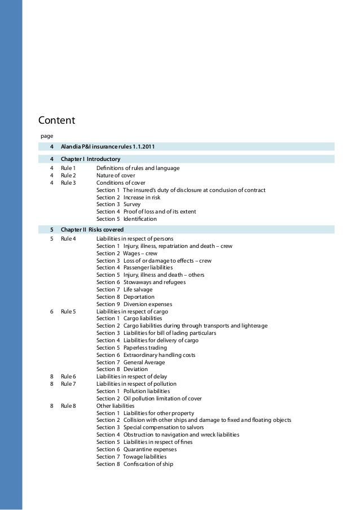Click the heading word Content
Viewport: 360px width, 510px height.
56,120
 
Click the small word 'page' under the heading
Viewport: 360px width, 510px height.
46,136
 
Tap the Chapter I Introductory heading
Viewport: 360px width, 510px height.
90,159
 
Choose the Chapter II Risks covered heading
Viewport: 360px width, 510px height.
93,229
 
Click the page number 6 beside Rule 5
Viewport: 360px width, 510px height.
51,311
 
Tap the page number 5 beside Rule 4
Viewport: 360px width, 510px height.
51,239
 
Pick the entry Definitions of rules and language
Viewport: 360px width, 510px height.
138,168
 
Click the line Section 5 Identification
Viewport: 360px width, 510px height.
126,219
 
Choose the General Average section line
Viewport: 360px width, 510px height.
130,362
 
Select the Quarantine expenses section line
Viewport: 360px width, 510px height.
136,450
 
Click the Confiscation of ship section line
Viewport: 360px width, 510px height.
135,464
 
